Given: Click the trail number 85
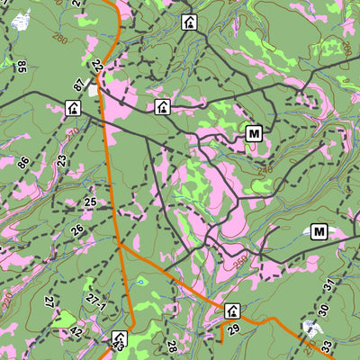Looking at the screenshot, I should tap(22, 66).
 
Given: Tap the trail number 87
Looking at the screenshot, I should tap(79, 85).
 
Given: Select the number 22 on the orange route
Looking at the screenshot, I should tap(96, 65).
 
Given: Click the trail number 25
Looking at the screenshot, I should tap(90, 202).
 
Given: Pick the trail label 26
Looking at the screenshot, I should tap(77, 230).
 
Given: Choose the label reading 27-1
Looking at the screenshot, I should tap(96, 308).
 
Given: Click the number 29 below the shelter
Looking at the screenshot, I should tap(235, 330).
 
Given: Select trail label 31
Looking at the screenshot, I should tap(328, 285).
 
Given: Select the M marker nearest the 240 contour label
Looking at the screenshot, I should tap(254, 135).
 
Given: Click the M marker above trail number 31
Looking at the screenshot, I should tap(319, 232).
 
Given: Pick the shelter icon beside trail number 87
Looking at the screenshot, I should tap(73, 109).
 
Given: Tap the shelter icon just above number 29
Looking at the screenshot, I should tap(232, 311).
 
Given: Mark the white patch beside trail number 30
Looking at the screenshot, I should tap(312, 327).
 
